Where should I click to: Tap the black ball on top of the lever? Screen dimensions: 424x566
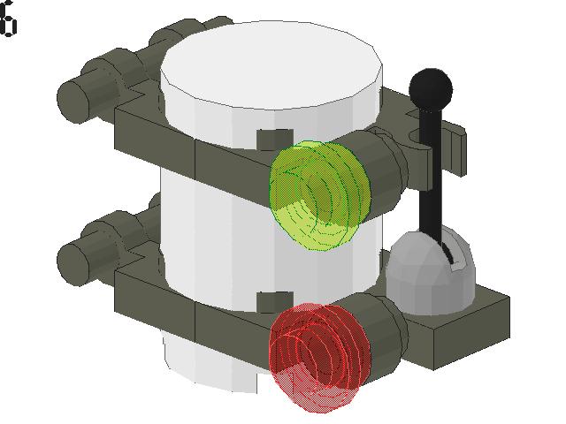431,87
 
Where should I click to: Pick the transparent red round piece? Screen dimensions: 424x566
314,358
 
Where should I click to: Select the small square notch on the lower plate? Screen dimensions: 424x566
275,301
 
